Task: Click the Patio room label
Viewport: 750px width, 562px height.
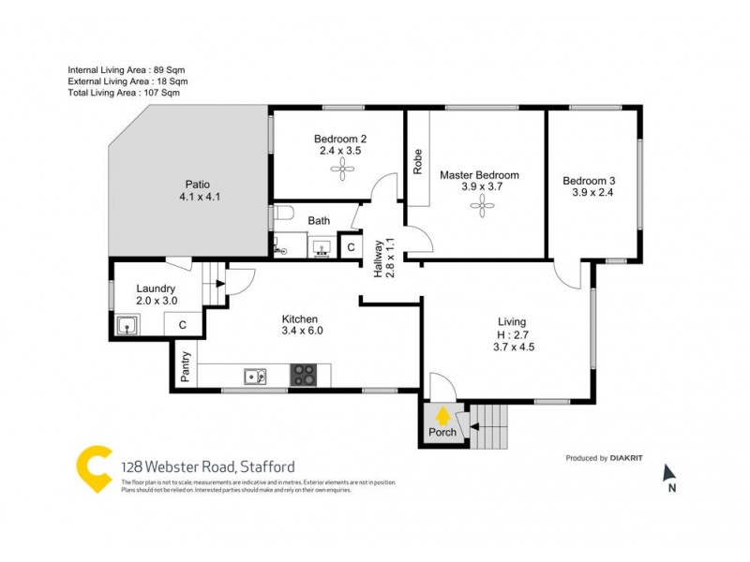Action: click(198, 185)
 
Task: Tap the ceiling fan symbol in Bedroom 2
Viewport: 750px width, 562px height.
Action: click(339, 169)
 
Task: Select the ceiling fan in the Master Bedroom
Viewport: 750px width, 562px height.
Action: click(483, 208)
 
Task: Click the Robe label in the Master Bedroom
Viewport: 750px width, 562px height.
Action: click(417, 162)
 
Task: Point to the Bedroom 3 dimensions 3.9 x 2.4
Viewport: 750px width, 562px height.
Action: click(592, 194)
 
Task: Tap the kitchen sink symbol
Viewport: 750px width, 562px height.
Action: click(255, 377)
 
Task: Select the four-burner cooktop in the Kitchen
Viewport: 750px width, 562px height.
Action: click(304, 376)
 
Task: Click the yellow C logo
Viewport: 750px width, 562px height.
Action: click(94, 468)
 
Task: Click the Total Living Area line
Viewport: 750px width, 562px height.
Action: click(124, 93)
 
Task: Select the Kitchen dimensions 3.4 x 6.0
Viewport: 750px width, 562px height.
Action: click(301, 331)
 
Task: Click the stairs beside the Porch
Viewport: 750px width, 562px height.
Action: click(490, 425)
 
